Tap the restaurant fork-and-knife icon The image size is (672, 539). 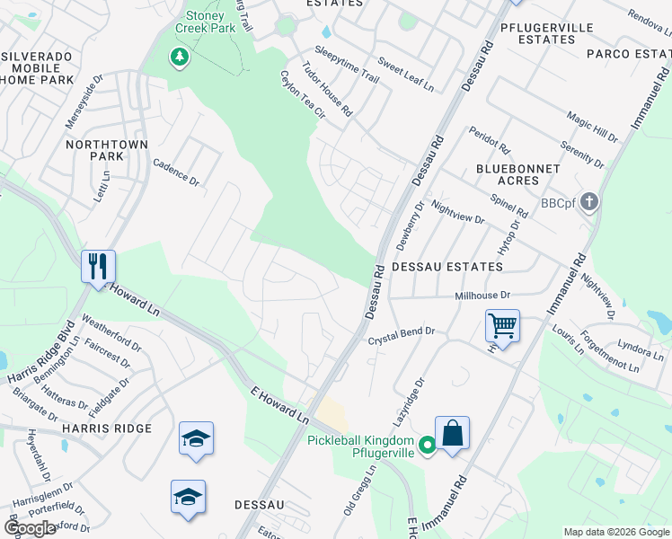[98, 267]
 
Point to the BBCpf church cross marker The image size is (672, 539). [589, 201]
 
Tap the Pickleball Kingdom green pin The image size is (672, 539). [428, 444]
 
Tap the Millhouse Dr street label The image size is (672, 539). [482, 296]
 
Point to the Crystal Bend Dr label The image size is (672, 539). [402, 335]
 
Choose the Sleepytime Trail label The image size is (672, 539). [347, 64]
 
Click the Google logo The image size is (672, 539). [30, 528]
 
